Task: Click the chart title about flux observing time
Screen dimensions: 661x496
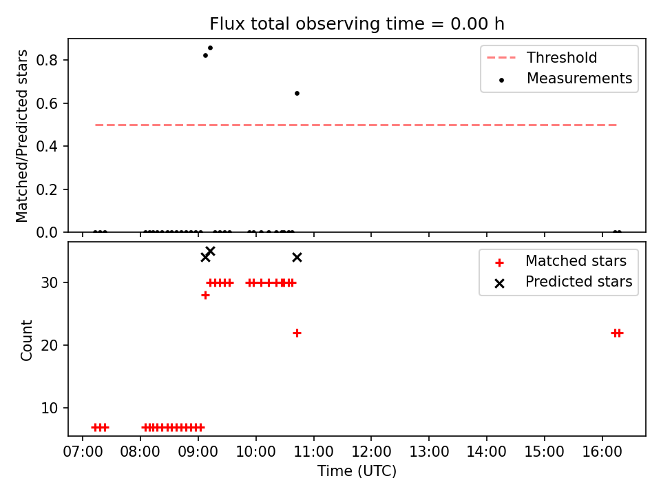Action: pyautogui.click(x=357, y=24)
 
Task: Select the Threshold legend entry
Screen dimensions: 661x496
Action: pyautogui.click(x=542, y=57)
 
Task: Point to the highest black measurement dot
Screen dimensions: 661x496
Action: pyautogui.click(x=211, y=48)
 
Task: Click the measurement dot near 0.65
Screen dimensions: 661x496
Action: pyautogui.click(x=297, y=93)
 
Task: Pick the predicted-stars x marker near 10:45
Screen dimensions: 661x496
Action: pyautogui.click(x=297, y=257)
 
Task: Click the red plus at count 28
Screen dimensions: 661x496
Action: pyautogui.click(x=205, y=296)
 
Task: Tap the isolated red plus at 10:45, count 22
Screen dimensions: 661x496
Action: pyautogui.click(x=297, y=333)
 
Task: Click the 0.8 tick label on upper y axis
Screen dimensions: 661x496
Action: pyautogui.click(x=46, y=61)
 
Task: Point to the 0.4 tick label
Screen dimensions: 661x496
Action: pyautogui.click(x=46, y=146)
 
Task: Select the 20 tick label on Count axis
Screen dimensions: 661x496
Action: pyautogui.click(x=49, y=345)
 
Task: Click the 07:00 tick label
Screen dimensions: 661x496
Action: pyautogui.click(x=83, y=452)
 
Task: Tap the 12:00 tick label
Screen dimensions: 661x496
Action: pyautogui.click(x=371, y=452)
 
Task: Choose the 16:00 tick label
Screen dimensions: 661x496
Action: pyautogui.click(x=602, y=452)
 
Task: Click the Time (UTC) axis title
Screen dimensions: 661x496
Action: pyautogui.click(x=357, y=471)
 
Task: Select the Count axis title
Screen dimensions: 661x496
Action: pyautogui.click(x=26, y=340)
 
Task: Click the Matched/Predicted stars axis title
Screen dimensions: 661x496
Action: pyautogui.click(x=21, y=136)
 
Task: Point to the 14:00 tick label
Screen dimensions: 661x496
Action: pyautogui.click(x=487, y=452)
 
